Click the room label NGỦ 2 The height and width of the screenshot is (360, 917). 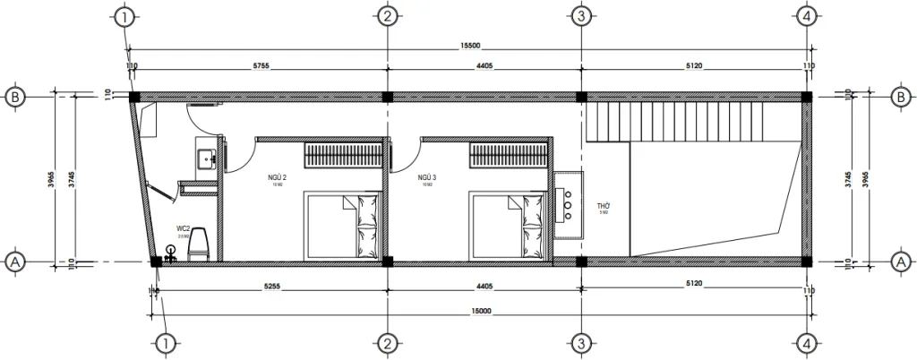(x=277, y=178)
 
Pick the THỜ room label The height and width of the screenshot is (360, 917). (x=604, y=205)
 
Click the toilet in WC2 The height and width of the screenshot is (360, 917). (x=200, y=243)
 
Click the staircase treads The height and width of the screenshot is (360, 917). (x=681, y=120)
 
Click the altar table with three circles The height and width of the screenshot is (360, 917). (x=568, y=202)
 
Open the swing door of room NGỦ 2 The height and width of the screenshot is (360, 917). (x=237, y=156)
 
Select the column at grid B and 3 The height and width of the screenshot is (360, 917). (x=581, y=97)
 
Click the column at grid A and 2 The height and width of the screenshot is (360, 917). (x=387, y=261)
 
